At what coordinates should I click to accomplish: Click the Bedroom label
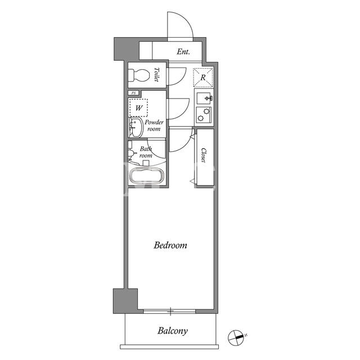[x=170, y=245]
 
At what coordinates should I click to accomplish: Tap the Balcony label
[x=173, y=331]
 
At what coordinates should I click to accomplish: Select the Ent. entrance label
[x=183, y=52]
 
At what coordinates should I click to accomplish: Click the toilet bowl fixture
[x=138, y=75]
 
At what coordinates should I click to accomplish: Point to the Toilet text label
[x=157, y=74]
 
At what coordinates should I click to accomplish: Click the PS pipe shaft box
[x=134, y=93]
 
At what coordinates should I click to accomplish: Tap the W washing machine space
[x=138, y=107]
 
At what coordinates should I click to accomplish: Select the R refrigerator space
[x=203, y=78]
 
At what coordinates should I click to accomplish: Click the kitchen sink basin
[x=204, y=98]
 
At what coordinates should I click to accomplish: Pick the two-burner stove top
[x=204, y=115]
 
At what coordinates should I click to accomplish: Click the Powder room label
[x=154, y=125]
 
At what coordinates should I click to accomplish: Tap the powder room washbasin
[x=136, y=128]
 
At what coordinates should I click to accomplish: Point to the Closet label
[x=204, y=155]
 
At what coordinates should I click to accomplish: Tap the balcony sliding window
[x=169, y=311]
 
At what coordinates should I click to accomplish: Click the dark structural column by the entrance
[x=126, y=49]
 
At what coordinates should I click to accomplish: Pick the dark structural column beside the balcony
[x=125, y=301]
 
